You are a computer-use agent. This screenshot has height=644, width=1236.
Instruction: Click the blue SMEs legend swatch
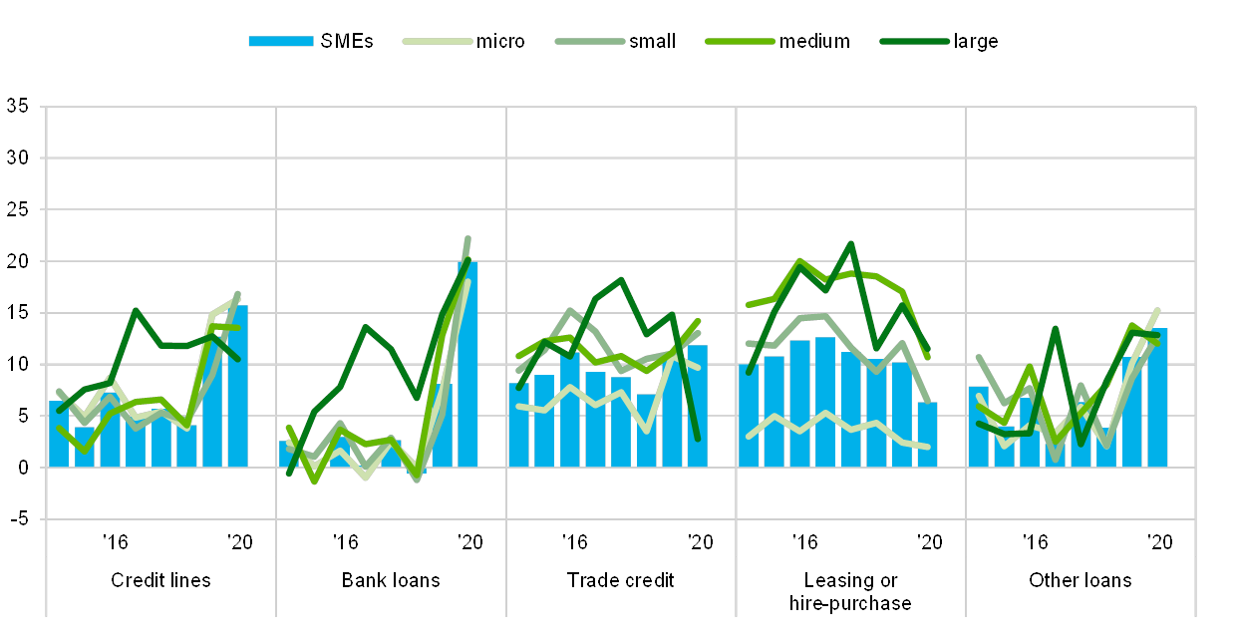281,41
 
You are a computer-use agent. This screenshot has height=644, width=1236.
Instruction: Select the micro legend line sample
437,41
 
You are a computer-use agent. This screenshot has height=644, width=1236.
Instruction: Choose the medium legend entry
740,41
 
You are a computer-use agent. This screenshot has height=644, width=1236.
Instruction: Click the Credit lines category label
160,580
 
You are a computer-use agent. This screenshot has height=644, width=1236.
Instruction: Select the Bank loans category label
391,580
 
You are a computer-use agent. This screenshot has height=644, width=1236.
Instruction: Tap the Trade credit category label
620,580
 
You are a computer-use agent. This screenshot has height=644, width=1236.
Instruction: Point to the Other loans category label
1081,580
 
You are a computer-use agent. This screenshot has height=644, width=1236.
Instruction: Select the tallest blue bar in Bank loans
467,364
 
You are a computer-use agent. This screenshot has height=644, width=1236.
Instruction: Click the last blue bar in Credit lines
238,386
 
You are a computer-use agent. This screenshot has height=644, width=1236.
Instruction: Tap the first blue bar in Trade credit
518,425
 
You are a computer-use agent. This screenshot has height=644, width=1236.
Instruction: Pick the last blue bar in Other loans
1157,397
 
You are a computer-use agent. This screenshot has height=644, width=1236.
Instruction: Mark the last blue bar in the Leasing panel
927,434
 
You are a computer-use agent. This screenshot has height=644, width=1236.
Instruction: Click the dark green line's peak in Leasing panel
850,243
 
